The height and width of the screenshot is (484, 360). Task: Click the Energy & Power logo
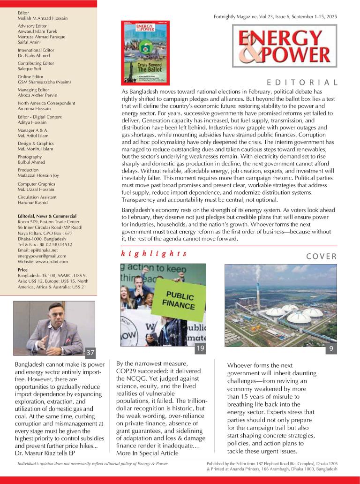(284, 45)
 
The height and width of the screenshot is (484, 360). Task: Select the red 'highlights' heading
(154, 254)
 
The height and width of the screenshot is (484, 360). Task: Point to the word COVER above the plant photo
(321, 256)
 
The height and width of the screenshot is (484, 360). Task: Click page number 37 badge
(90, 352)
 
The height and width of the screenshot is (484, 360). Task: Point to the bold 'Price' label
(22, 270)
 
